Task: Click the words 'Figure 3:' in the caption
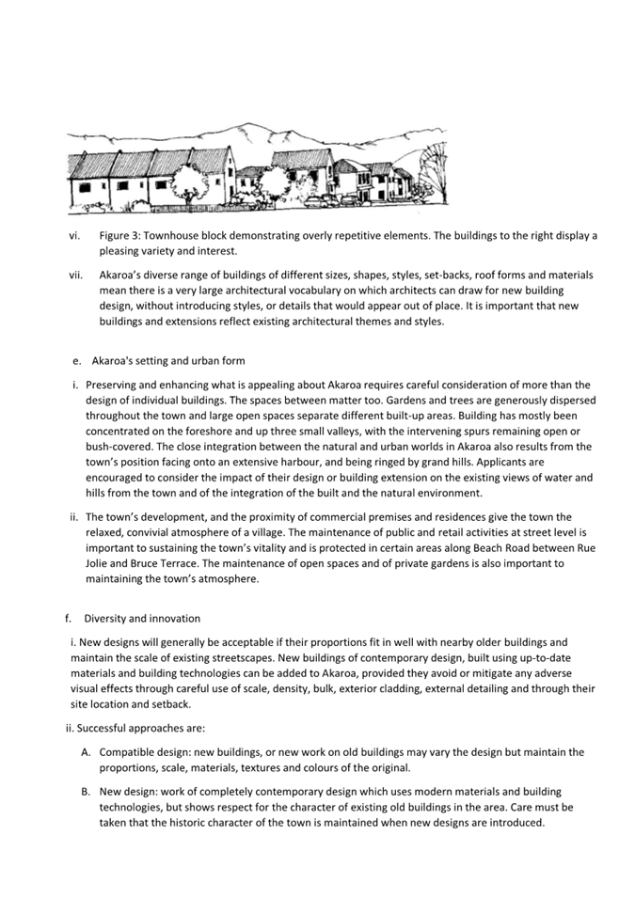tap(121, 235)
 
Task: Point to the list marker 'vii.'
tap(76, 275)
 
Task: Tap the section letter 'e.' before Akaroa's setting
tap(77, 361)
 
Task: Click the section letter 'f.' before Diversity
tap(68, 619)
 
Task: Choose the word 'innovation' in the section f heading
tap(172, 619)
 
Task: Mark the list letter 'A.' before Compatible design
tap(86, 751)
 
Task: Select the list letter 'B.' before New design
tap(86, 791)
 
